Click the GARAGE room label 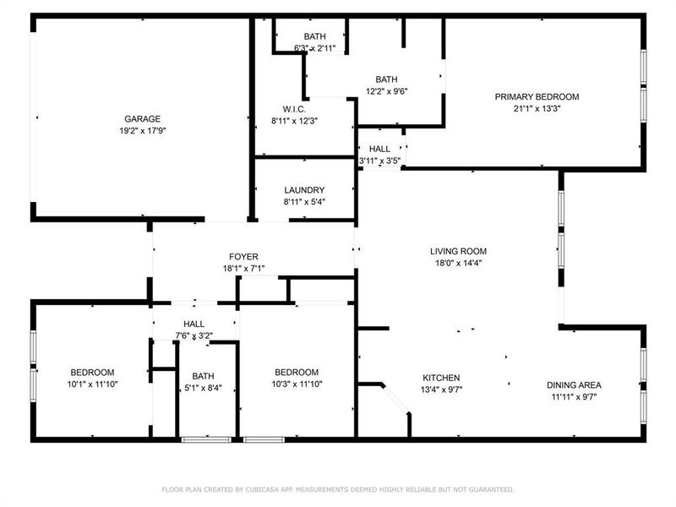pos(142,119)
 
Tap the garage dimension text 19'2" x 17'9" pos(142,131)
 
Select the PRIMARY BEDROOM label pos(537,96)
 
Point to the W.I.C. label pos(294,109)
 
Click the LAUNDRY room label pos(304,190)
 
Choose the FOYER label pos(243,257)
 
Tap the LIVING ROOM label pos(458,251)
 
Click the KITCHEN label pos(441,378)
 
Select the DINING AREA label pos(574,384)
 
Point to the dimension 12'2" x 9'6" pos(386,91)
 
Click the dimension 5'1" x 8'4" pos(203,389)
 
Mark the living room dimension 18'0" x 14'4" pos(458,263)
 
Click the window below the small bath pos(206,439)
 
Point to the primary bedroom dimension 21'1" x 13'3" pos(537,108)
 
